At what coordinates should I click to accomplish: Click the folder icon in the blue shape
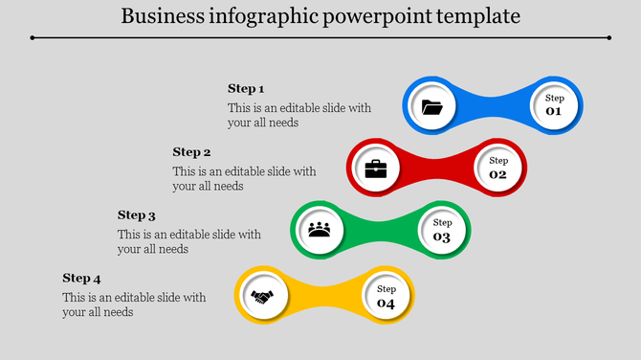pyautogui.click(x=432, y=106)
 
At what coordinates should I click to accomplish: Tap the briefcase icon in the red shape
pyautogui.click(x=376, y=169)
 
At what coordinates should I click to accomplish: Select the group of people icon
pyautogui.click(x=320, y=231)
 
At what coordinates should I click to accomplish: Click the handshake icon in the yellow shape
pyautogui.click(x=262, y=296)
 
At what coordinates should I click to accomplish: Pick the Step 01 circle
pyautogui.click(x=554, y=104)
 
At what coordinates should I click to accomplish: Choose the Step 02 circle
pyautogui.click(x=497, y=168)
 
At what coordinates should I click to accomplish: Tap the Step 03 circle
pyautogui.click(x=442, y=230)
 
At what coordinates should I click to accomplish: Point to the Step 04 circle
pyautogui.click(x=386, y=296)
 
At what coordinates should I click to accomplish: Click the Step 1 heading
pyautogui.click(x=246, y=89)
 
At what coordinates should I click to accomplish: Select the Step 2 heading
pyautogui.click(x=191, y=151)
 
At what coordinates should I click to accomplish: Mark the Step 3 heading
pyautogui.click(x=136, y=215)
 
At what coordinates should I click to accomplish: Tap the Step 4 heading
pyautogui.click(x=81, y=279)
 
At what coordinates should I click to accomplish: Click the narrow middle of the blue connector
pyautogui.click(x=493, y=104)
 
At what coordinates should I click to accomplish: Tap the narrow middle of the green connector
pyautogui.click(x=381, y=231)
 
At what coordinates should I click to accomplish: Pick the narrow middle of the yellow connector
pyautogui.click(x=324, y=296)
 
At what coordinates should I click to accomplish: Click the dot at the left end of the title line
pyautogui.click(x=32, y=37)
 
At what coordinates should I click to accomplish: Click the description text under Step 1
pyautogui.click(x=298, y=115)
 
